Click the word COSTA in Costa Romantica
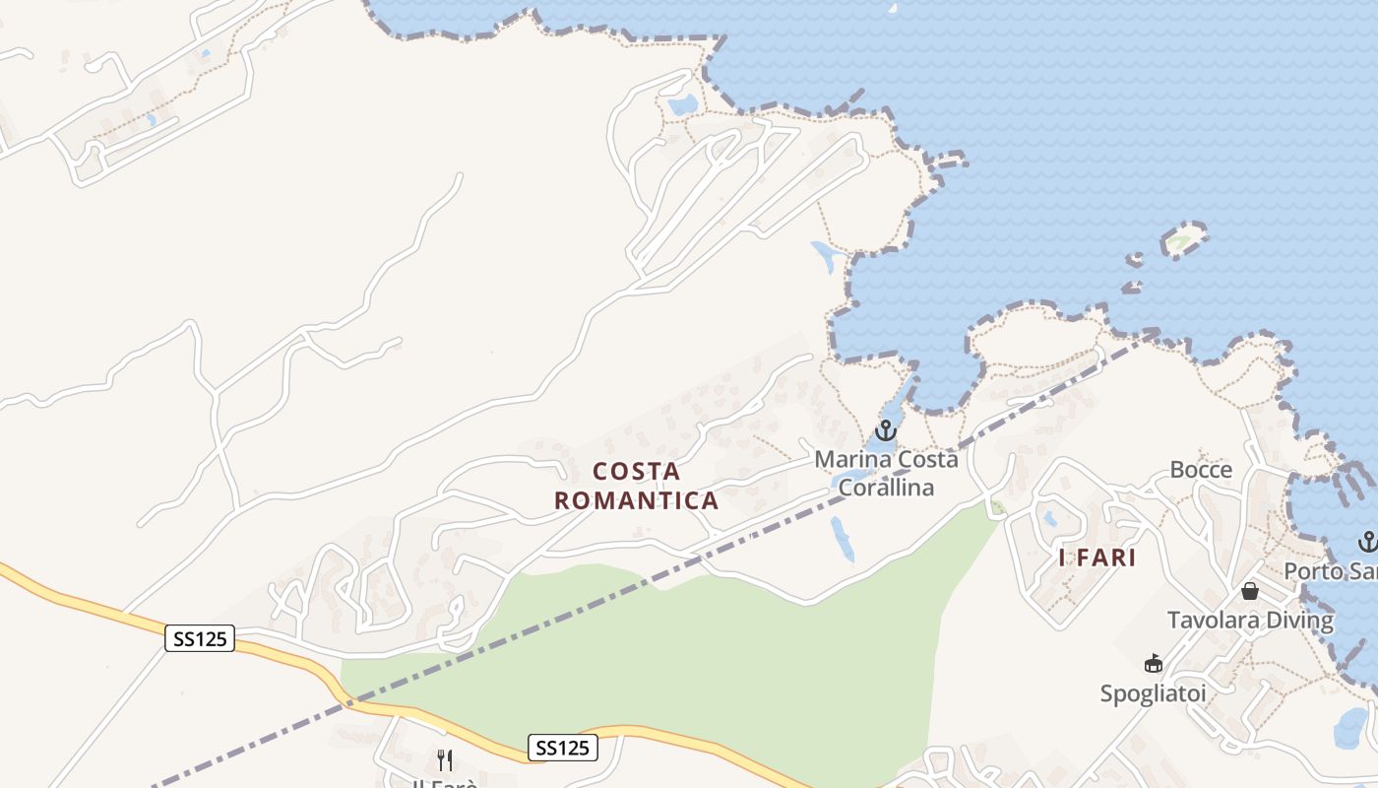[x=637, y=471]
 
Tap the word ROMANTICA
[x=637, y=500]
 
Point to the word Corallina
[x=886, y=488]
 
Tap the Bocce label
[x=1201, y=470]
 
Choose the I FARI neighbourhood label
[x=1097, y=558]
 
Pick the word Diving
[x=1302, y=621]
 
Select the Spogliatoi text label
[x=1153, y=693]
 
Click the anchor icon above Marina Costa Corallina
[x=886, y=430]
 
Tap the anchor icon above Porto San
[x=1367, y=541]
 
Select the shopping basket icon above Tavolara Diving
[x=1250, y=591]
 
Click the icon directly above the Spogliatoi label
[x=1154, y=664]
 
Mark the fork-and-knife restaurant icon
[x=445, y=759]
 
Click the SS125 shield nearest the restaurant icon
[x=563, y=748]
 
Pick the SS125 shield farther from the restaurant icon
[x=200, y=639]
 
